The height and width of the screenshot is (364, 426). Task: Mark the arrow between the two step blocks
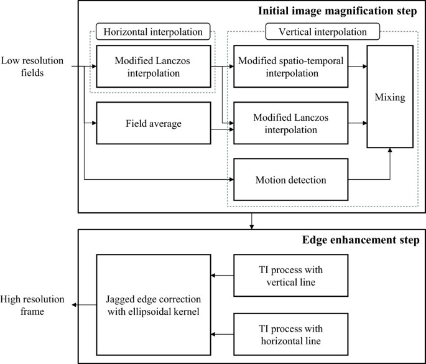click(251, 221)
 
